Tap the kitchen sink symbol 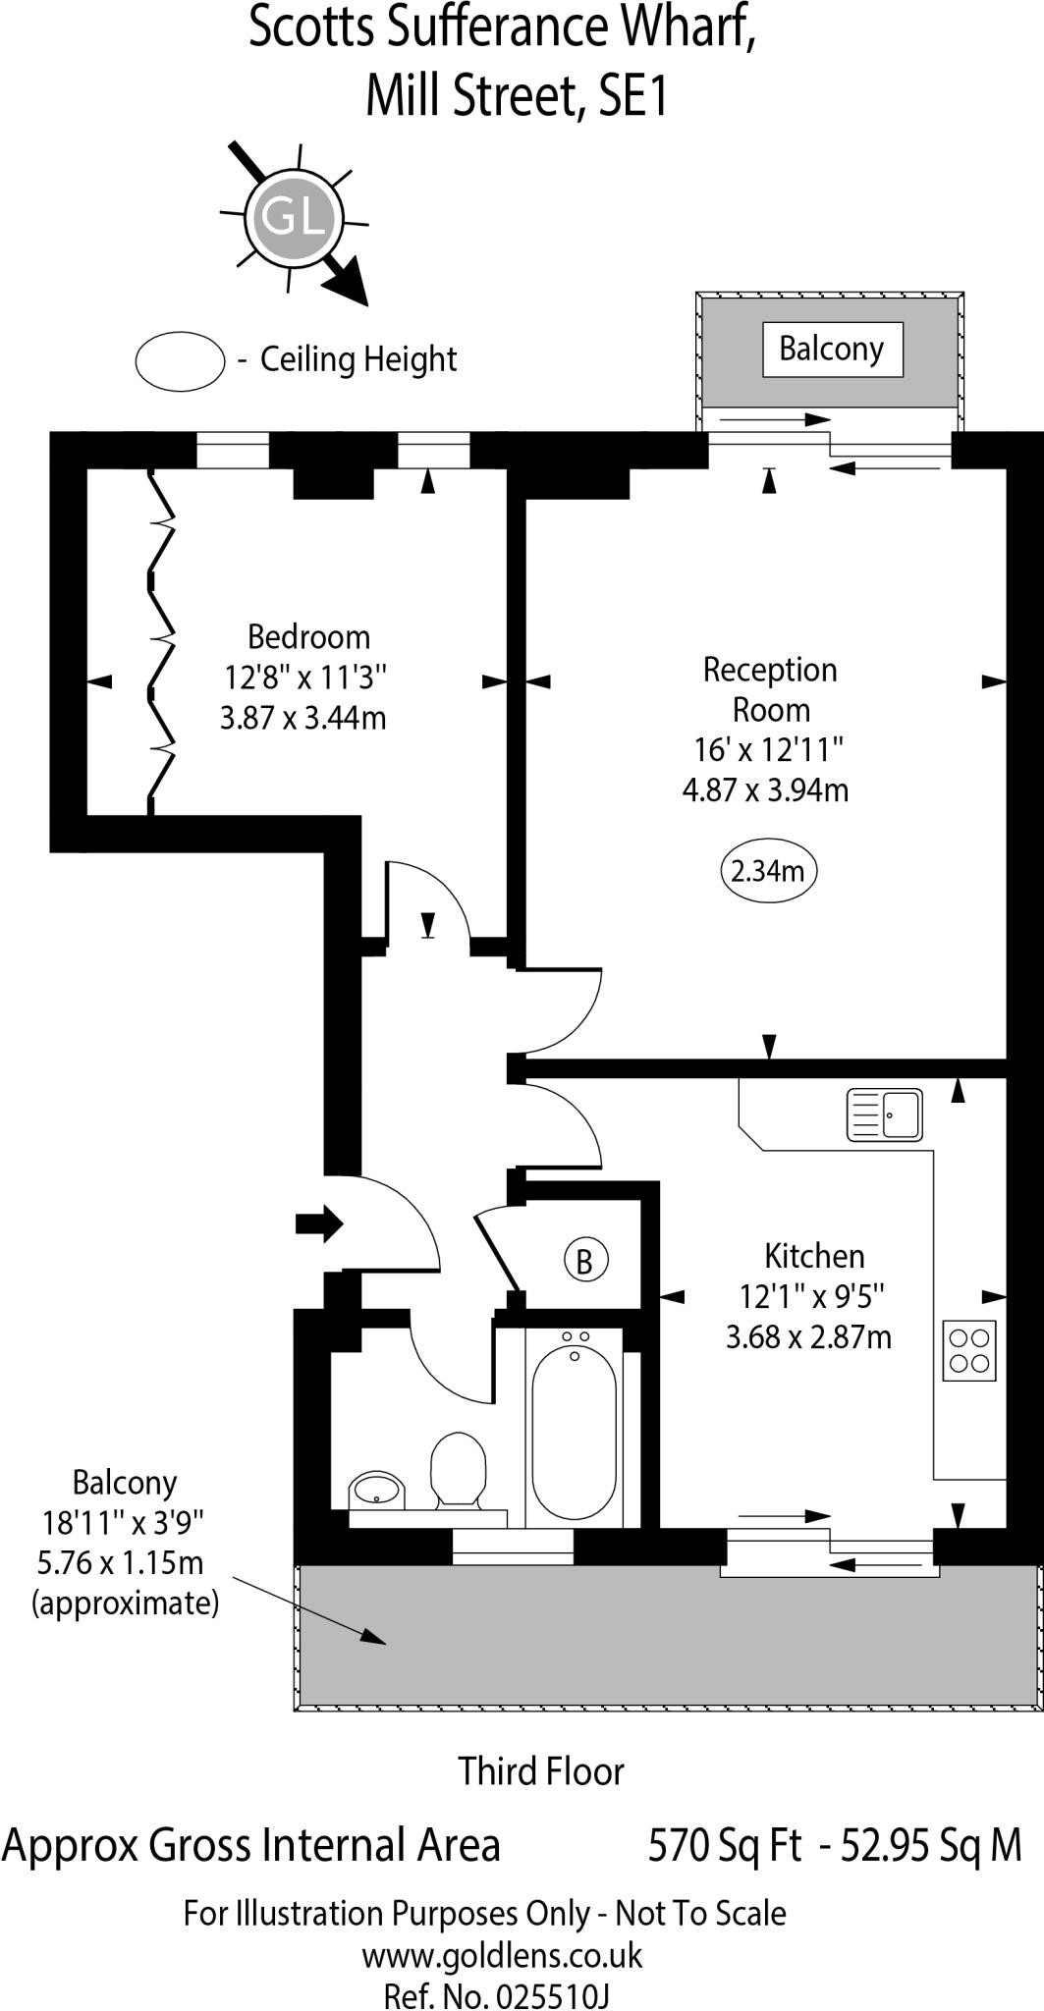tap(884, 1114)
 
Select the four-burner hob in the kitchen tap(969, 1351)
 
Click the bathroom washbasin tap(376, 1490)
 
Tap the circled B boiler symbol tap(585, 1260)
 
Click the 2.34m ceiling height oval tap(769, 871)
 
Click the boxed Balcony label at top tap(832, 349)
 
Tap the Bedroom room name tap(308, 637)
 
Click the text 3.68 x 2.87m tap(808, 1336)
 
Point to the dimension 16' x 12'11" tap(769, 750)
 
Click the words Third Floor tap(541, 1771)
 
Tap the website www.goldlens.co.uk tap(502, 1954)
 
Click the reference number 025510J tap(553, 1995)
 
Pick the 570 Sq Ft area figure tap(725, 1845)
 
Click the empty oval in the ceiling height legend tap(180, 360)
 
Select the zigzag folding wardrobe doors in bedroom tap(159, 643)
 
